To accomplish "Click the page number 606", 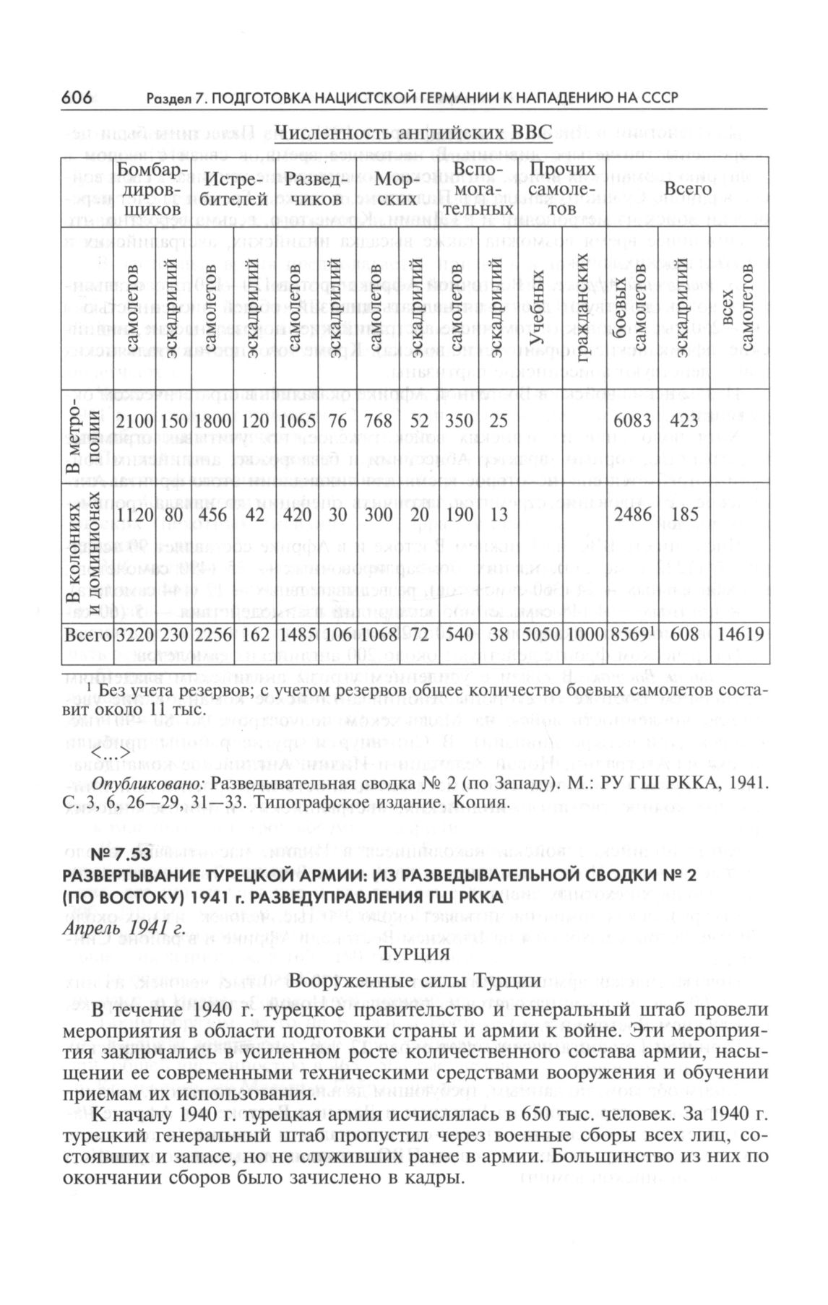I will click(x=77, y=97).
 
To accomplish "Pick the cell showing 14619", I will click(x=740, y=635).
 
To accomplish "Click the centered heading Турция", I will click(x=415, y=953).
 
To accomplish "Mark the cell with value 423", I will click(x=684, y=421).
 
